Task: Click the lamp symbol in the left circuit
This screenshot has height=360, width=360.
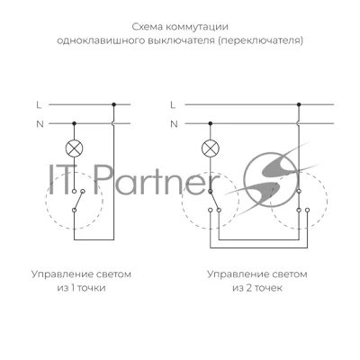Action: pos(74,148)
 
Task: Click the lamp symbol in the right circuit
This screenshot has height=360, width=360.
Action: pos(211,148)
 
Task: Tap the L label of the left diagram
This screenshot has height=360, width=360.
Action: pos(39,105)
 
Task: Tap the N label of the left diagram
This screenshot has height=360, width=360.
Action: pos(40,124)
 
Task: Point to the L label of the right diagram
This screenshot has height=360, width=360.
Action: pos(173,105)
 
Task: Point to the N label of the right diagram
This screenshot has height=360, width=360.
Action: pos(174,124)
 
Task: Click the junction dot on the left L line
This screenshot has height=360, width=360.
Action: pos(113,104)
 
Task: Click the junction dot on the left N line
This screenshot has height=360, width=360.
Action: pos(74,123)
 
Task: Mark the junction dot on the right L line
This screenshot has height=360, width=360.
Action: pos(299,104)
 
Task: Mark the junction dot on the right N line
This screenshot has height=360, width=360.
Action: pos(211,123)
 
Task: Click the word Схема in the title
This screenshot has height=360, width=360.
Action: pos(147,27)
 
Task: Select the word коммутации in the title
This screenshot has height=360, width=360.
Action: pos(197,27)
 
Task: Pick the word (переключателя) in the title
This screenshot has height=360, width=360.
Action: pos(260,40)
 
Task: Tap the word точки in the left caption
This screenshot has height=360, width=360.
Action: pos(92,288)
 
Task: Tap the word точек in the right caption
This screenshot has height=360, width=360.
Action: pos(268,288)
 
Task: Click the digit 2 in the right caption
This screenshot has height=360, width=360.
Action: pos(248,288)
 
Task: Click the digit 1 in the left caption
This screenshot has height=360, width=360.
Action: pos(73,288)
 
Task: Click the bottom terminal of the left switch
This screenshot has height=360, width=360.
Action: pos(74,211)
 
